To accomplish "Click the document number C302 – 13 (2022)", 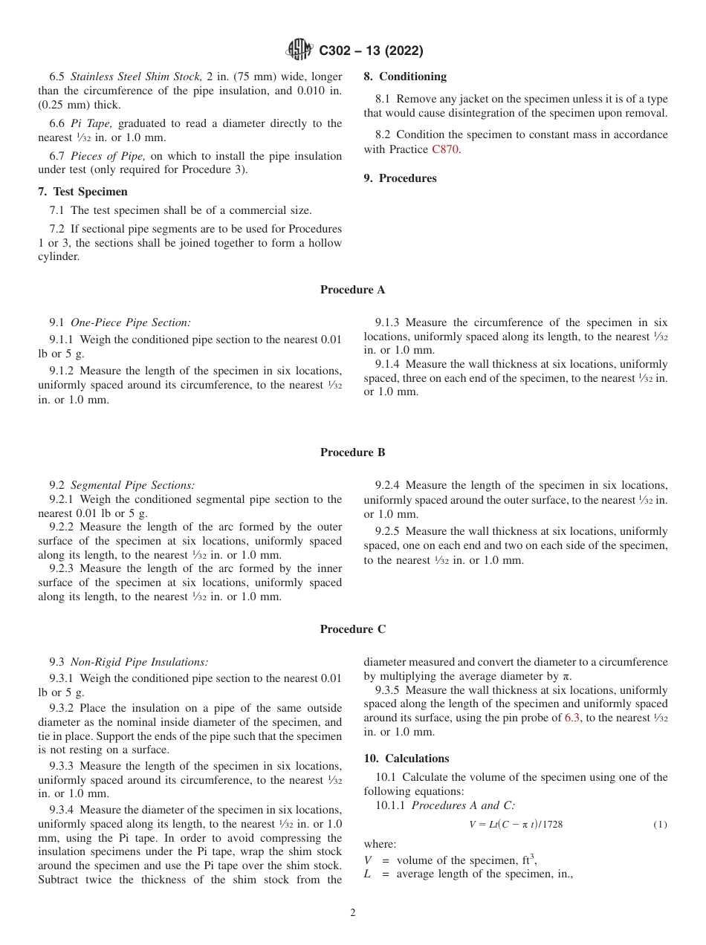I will pyautogui.click(x=371, y=51).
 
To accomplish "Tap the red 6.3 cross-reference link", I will pyautogui.click(x=574, y=718).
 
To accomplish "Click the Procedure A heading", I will pyautogui.click(x=352, y=290).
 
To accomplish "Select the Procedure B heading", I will pyautogui.click(x=352, y=452).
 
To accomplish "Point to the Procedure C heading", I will pyautogui.click(x=352, y=629).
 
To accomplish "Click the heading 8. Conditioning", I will pyautogui.click(x=405, y=77).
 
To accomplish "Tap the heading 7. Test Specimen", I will pyautogui.click(x=72, y=192).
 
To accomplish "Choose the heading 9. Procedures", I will pyautogui.click(x=400, y=178).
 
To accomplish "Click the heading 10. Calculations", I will pyautogui.click(x=406, y=759).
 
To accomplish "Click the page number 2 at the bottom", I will pyautogui.click(x=352, y=913).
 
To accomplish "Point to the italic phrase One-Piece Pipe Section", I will pyautogui.click(x=131, y=322).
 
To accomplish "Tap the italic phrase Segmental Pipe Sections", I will pyautogui.click(x=133, y=485).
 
